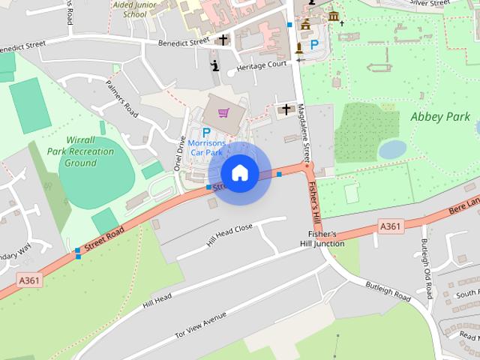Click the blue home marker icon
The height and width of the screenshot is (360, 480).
[x=239, y=172]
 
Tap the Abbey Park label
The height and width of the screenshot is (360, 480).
[x=440, y=117]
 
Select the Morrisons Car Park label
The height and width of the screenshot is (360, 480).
[x=207, y=148]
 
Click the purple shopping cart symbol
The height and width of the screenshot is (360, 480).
[x=223, y=113]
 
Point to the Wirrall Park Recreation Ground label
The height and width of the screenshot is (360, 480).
[x=80, y=151]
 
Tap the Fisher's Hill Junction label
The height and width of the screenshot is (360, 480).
[x=322, y=238]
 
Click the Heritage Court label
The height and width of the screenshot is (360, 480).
[x=262, y=65]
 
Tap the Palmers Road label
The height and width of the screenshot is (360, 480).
[x=122, y=99]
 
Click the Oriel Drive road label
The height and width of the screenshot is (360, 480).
[x=179, y=153]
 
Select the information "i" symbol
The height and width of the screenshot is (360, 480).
[x=216, y=65]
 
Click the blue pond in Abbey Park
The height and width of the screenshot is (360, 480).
[x=392, y=150]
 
